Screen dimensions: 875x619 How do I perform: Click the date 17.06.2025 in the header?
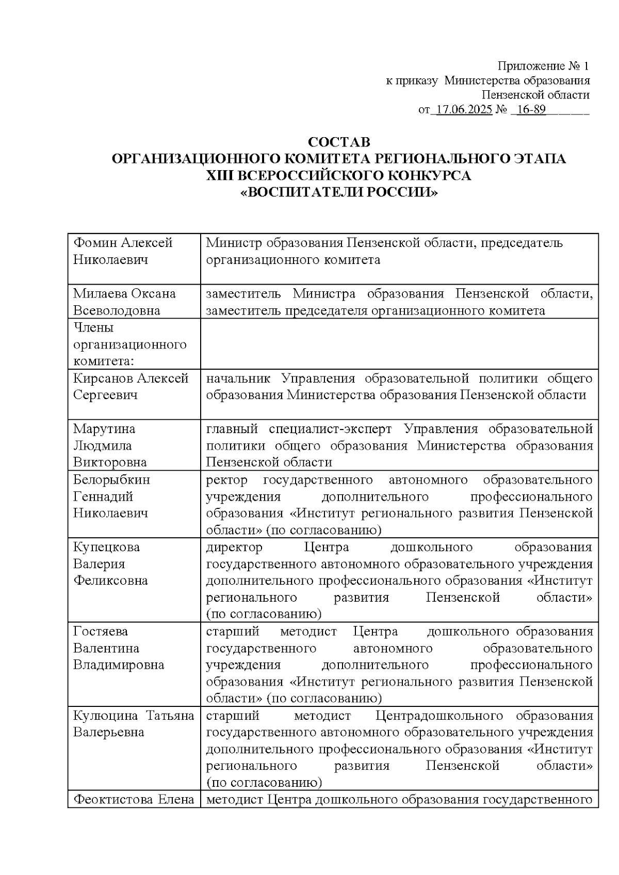point(464,110)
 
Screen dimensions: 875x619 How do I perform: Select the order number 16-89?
point(531,110)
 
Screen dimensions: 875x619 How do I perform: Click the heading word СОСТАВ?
point(339,142)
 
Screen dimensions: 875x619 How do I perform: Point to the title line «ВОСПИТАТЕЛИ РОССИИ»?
point(339,193)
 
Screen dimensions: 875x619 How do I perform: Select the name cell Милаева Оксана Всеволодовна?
point(124,302)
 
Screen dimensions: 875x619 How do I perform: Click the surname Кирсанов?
point(103,378)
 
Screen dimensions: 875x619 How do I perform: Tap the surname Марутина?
point(104,429)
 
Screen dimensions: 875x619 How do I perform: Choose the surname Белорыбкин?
point(111,480)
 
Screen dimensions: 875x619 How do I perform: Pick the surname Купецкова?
point(106,547)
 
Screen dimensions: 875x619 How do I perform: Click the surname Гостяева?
point(101,632)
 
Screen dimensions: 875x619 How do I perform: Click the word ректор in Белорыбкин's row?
point(226,480)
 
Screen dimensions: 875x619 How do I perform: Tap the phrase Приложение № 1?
point(543,67)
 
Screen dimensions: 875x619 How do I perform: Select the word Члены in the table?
point(93,328)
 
